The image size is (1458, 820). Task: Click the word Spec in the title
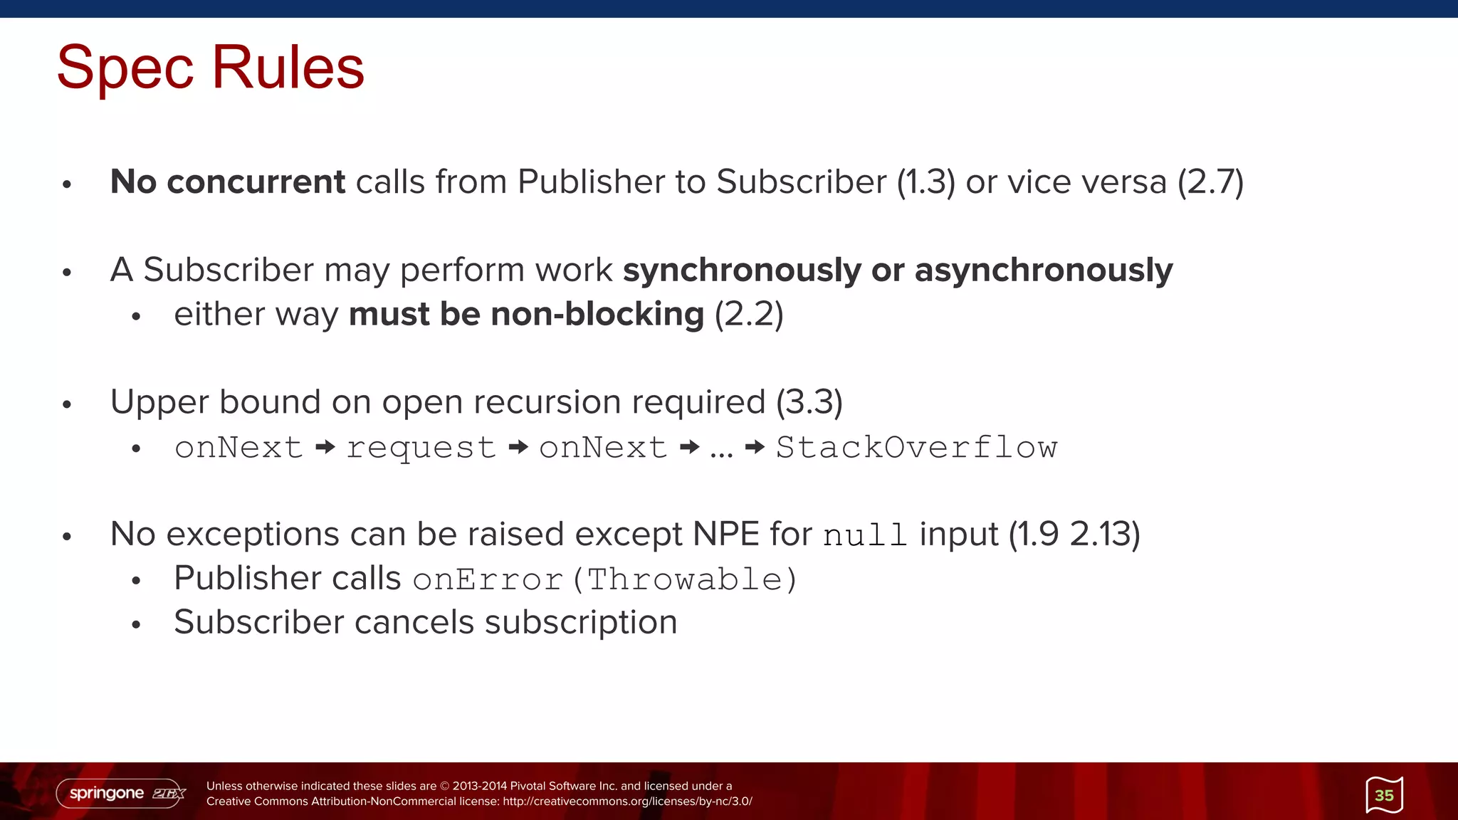point(125,68)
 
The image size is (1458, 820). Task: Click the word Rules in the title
point(288,68)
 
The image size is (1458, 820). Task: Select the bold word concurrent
point(256,182)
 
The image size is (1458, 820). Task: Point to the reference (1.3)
point(925,182)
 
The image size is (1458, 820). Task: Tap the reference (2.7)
point(1210,182)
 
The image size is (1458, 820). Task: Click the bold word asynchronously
point(1043,270)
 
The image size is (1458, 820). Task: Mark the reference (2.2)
point(748,315)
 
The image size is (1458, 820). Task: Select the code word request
point(421,448)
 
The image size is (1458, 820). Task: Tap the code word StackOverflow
point(916,448)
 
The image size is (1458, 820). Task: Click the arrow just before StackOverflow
point(755,448)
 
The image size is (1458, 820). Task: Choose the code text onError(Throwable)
point(604,579)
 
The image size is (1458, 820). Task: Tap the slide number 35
point(1384,795)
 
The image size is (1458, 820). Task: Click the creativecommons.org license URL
point(627,801)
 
